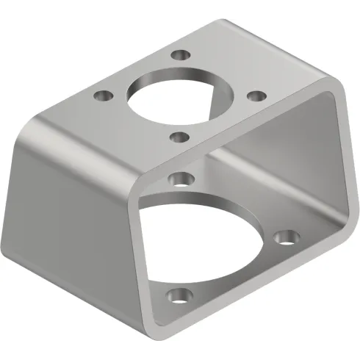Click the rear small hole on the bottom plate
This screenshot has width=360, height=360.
[x=179, y=177]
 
